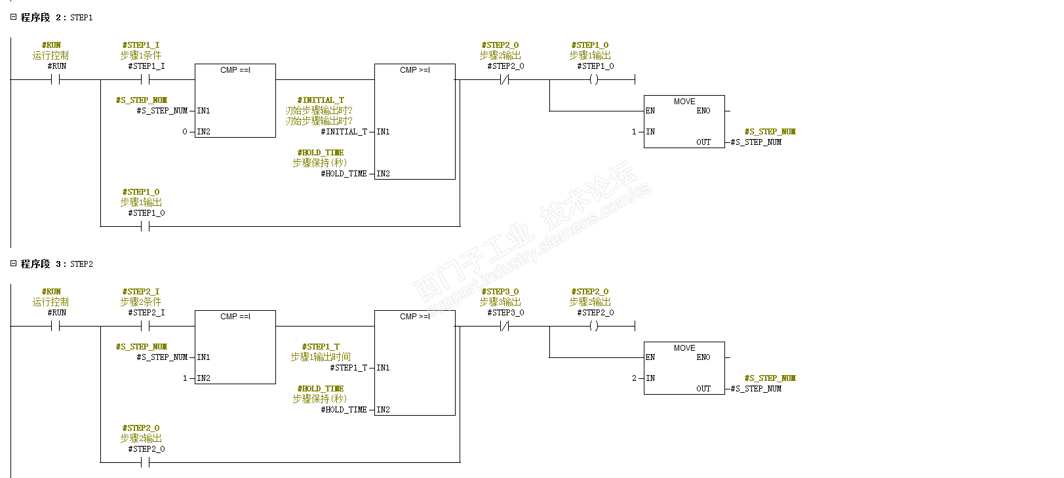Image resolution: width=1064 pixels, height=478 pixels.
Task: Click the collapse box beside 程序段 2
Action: pyautogui.click(x=13, y=17)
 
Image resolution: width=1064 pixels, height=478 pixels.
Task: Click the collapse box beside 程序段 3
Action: pyautogui.click(x=13, y=264)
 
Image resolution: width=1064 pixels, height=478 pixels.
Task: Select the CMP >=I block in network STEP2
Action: pyautogui.click(x=414, y=363)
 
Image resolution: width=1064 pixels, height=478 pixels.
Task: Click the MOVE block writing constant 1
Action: pyautogui.click(x=684, y=121)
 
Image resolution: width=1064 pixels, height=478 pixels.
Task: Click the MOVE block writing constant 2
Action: pyautogui.click(x=684, y=368)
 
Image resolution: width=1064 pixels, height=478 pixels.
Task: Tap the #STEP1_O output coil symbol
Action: pyautogui.click(x=593, y=79)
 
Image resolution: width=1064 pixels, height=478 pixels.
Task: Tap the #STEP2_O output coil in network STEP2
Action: pyautogui.click(x=593, y=326)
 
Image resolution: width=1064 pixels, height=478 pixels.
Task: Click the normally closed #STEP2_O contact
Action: pyautogui.click(x=504, y=79)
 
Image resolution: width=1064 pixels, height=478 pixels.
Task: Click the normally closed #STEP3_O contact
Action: pyautogui.click(x=504, y=326)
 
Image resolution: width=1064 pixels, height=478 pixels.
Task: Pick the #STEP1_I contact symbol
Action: pyautogui.click(x=145, y=79)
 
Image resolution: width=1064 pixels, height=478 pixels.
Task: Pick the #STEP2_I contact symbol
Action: pyautogui.click(x=145, y=326)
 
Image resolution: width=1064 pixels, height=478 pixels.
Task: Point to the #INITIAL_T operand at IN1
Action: pyautogui.click(x=344, y=132)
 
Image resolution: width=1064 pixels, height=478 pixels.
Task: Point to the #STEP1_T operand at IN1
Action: pyautogui.click(x=349, y=368)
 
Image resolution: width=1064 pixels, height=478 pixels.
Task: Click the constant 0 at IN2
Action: pyautogui.click(x=185, y=132)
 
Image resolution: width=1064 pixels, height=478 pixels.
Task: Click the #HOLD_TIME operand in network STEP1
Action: pyautogui.click(x=344, y=174)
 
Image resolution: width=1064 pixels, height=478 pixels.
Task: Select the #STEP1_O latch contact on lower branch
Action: pyautogui.click(x=145, y=226)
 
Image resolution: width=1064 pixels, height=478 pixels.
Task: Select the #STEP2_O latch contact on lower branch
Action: pyautogui.click(x=145, y=462)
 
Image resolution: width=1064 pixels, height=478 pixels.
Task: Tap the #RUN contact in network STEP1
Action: pyautogui.click(x=56, y=79)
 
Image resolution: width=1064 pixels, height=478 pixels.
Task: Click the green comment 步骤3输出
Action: pyautogui.click(x=500, y=302)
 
